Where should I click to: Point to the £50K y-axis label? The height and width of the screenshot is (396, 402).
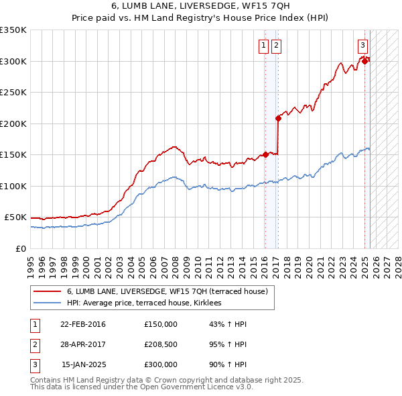[15, 217]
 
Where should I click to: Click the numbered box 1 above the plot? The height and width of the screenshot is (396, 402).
[263, 46]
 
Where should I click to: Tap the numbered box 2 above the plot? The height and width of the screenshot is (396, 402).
[276, 46]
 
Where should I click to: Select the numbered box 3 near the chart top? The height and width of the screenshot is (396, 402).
[362, 46]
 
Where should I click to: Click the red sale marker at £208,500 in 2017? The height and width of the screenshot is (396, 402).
[277, 118]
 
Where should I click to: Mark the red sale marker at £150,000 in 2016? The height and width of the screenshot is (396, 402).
[265, 154]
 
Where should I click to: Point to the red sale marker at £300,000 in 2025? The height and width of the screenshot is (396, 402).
[365, 61]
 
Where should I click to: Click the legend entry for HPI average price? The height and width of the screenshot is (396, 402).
[148, 303]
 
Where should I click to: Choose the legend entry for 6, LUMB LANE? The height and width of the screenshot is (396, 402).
[167, 291]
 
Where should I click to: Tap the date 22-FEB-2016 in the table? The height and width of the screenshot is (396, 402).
[82, 324]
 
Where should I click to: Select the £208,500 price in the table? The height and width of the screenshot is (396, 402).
[161, 344]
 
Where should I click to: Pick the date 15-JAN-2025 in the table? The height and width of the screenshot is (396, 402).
[82, 364]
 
